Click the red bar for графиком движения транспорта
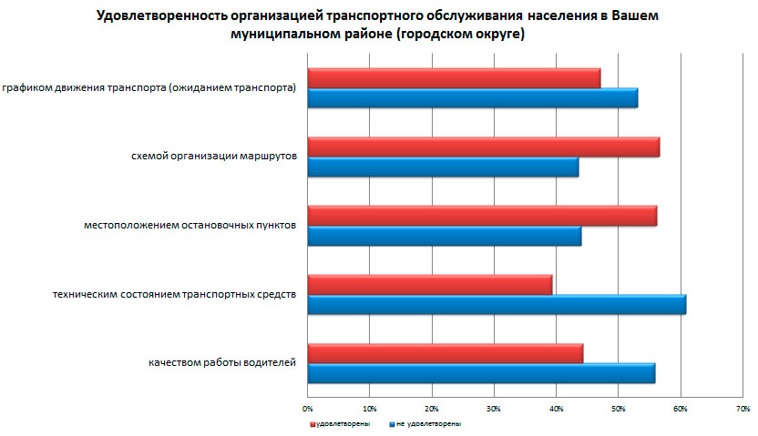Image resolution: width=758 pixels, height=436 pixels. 454,78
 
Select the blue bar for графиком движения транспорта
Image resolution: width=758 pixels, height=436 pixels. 472,98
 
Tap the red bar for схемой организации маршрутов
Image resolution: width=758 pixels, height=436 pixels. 483,147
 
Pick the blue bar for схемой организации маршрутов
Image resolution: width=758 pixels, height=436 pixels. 443,167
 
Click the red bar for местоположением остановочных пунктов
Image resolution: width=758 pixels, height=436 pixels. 482,216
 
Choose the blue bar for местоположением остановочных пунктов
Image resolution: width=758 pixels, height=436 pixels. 445,236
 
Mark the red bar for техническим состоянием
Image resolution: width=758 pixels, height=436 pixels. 430,284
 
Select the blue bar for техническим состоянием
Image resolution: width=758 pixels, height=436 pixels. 497,304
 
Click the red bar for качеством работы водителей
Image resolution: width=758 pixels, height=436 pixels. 445,353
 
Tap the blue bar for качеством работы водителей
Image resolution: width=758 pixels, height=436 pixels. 481,373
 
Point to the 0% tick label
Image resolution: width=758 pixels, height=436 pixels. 308,407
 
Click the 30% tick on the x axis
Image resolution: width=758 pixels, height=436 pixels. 494,407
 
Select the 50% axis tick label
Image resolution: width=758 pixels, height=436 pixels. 618,407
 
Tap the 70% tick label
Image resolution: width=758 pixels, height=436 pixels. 742,407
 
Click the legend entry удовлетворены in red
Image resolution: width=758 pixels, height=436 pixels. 342,424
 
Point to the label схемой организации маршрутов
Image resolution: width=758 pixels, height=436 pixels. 214,157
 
